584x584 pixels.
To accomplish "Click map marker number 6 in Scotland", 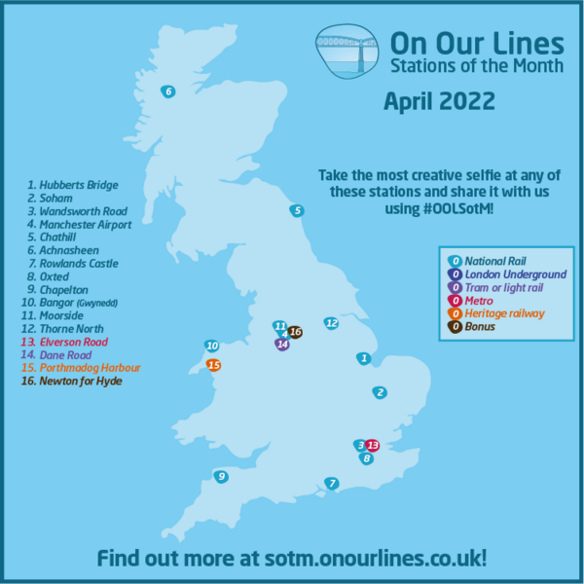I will pos(167,91).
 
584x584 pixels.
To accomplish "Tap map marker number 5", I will pos(297,210).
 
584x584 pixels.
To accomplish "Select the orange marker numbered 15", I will pos(213,365).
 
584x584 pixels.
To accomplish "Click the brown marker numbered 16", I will pos(295,332).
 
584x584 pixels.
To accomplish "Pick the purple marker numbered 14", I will pos(282,344).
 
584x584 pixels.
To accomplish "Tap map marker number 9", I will pos(222,476).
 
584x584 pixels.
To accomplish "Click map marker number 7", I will pos(332,484).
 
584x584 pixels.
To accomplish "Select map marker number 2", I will pos(380,392).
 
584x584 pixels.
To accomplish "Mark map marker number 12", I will pos(331,322).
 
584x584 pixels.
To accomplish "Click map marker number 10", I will pos(211,346).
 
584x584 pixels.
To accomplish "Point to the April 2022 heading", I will pos(439,100).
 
